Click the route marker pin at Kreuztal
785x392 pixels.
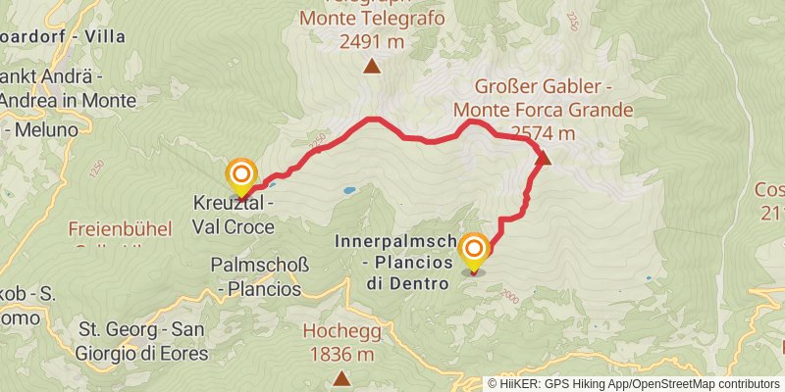pyautogui.click(x=241, y=177)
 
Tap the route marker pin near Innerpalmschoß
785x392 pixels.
pyautogui.click(x=474, y=251)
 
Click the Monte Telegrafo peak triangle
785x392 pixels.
pyautogui.click(x=372, y=67)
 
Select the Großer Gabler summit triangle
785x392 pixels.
pyautogui.click(x=545, y=158)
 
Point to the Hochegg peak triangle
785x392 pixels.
pyautogui.click(x=340, y=377)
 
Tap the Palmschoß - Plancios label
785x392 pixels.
pyautogui.click(x=256, y=275)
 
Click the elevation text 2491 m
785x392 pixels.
pyautogui.click(x=372, y=42)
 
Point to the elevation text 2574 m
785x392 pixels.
pyautogui.click(x=542, y=133)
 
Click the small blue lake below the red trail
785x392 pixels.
pyautogui.click(x=348, y=189)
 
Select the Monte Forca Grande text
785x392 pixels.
pyautogui.click(x=556, y=110)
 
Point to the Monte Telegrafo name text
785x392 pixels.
pyautogui.click(x=372, y=19)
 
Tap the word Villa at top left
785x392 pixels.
pyautogui.click(x=104, y=37)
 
